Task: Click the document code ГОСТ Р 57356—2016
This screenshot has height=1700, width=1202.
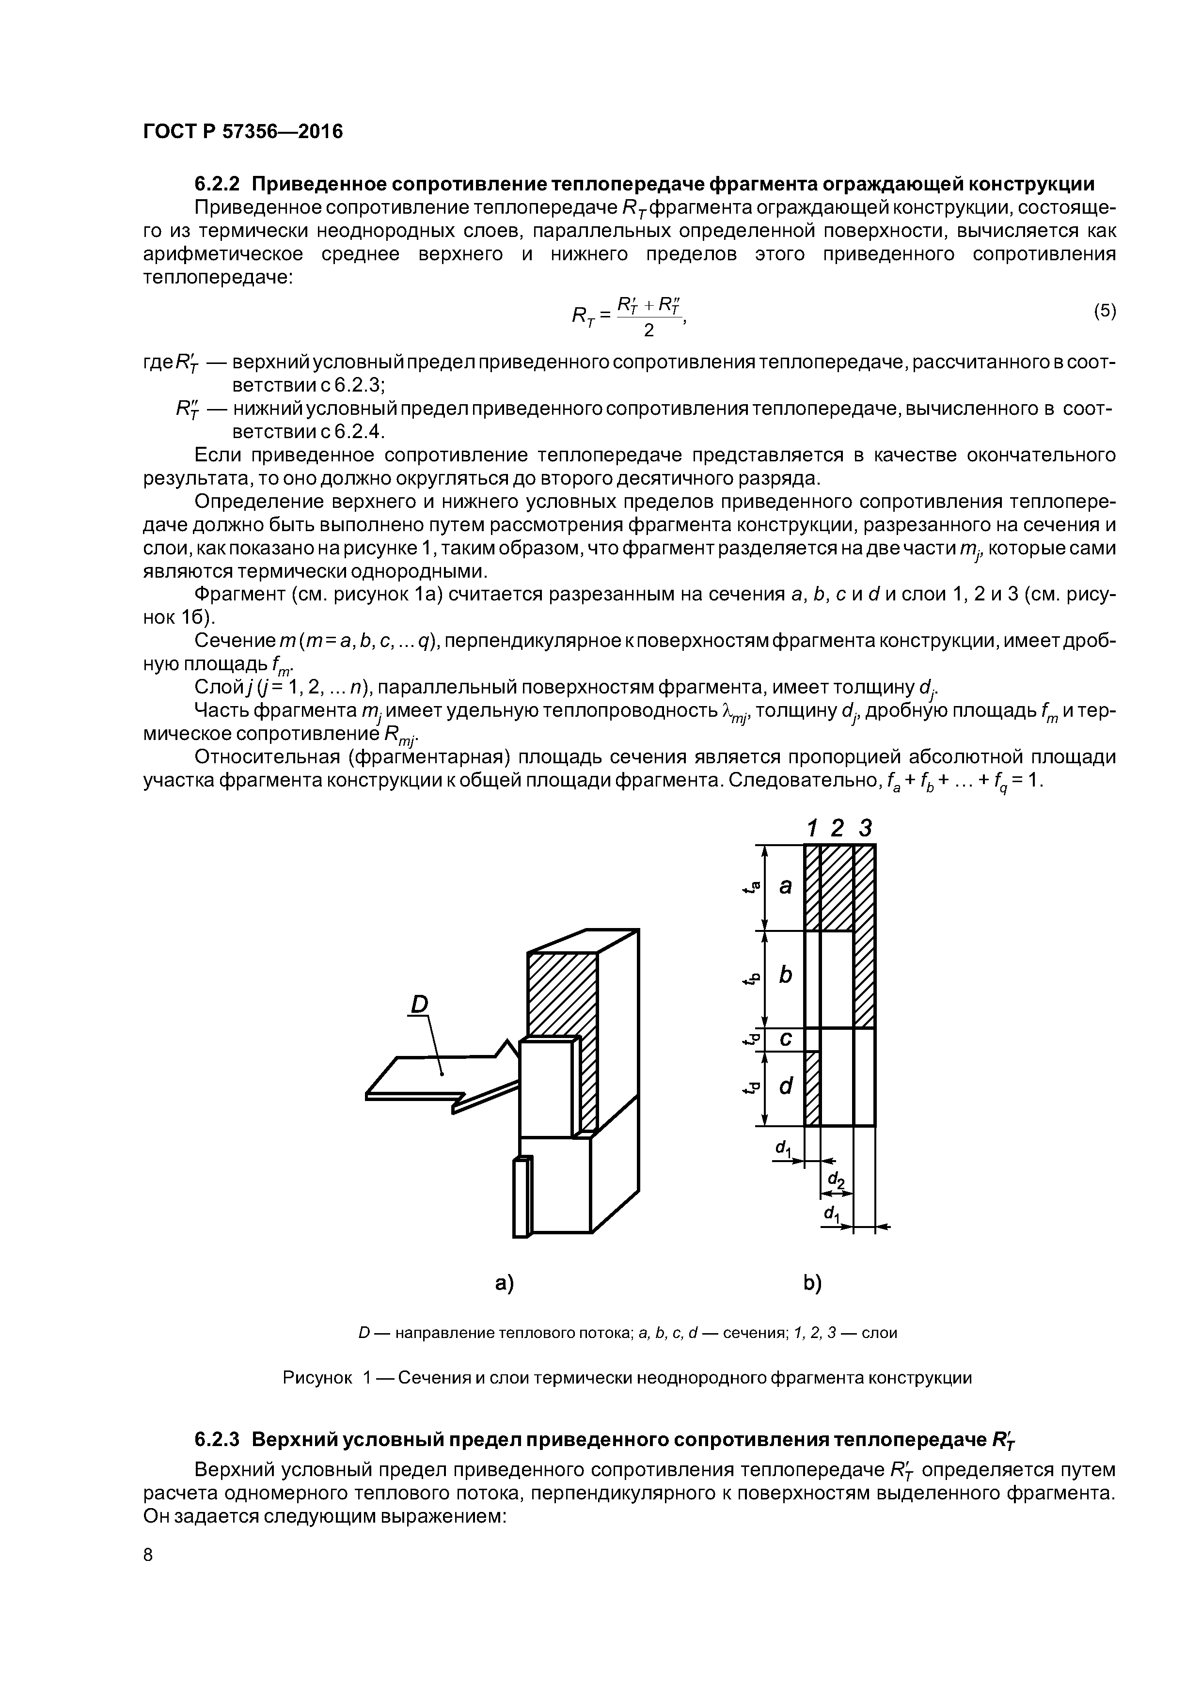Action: (243, 132)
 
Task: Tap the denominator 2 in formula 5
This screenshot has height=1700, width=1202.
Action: (649, 330)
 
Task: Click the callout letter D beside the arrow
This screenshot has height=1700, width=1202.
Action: (419, 1005)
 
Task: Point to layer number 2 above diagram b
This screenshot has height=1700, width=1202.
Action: (837, 828)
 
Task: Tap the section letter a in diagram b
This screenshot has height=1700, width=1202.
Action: (786, 885)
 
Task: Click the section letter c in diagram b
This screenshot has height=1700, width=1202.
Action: (786, 1039)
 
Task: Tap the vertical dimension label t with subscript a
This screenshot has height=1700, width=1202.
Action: (752, 886)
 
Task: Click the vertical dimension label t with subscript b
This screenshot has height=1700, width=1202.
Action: (752, 978)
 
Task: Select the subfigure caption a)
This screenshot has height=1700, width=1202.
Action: (505, 1283)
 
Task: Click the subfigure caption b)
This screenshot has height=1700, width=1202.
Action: (812, 1283)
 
